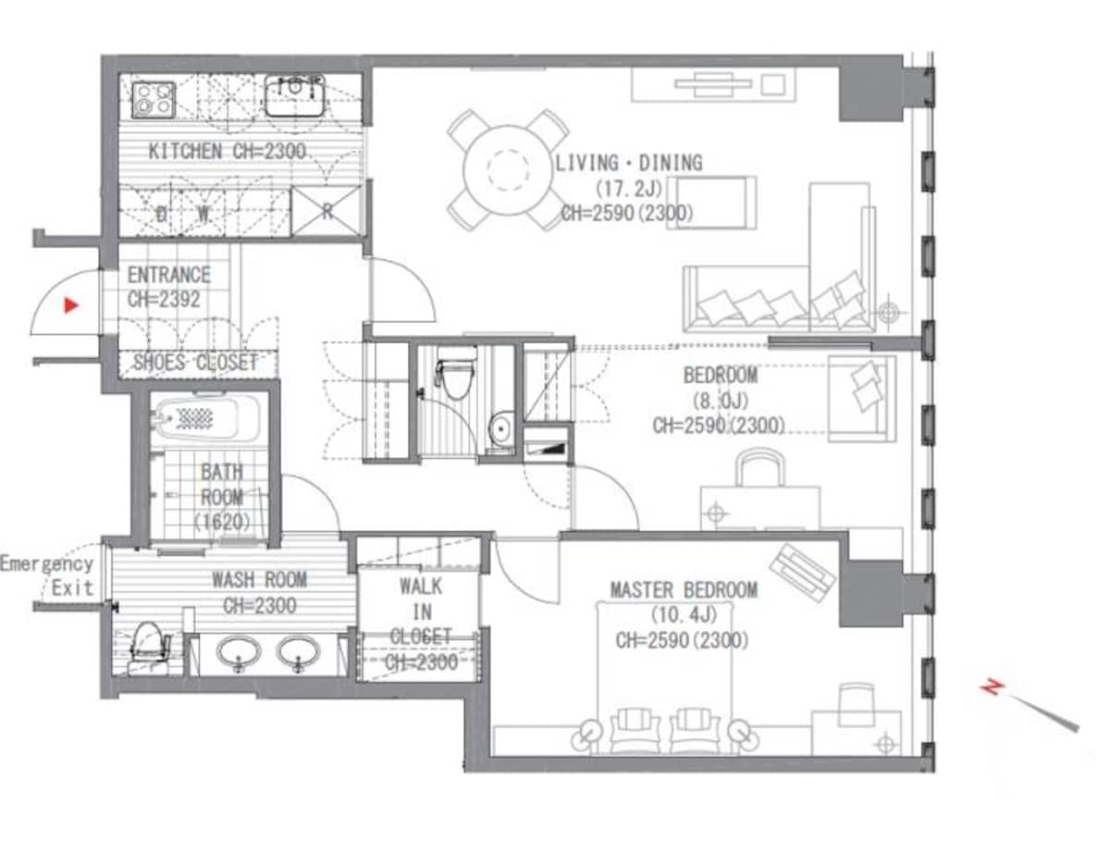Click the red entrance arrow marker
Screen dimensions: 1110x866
[71, 305]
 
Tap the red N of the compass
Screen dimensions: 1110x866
[992, 687]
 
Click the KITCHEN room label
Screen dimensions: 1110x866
[185, 151]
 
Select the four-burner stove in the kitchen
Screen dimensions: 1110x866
[154, 99]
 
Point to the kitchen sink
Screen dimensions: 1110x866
[294, 96]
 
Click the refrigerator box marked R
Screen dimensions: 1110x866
[327, 212]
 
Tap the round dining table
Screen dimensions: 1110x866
[508, 169]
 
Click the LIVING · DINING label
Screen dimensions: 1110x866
[629, 163]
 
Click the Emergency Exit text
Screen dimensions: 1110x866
[47, 576]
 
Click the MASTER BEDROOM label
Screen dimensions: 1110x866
[684, 590]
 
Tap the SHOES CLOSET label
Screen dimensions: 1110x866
[196, 363]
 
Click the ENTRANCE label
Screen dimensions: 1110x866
[168, 275]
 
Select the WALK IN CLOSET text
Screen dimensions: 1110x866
[421, 612]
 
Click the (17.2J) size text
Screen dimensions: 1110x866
[628, 189]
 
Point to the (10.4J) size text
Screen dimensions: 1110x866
[684, 614]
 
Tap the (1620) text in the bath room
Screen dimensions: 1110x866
[222, 522]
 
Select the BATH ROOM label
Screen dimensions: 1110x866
[222, 484]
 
